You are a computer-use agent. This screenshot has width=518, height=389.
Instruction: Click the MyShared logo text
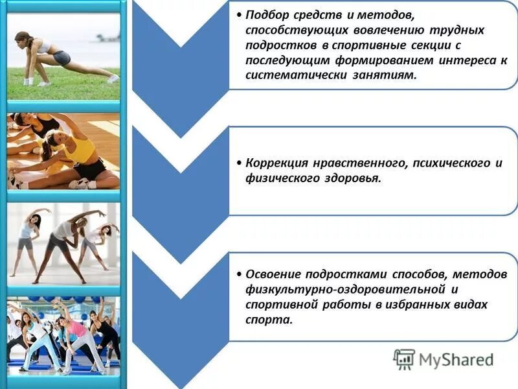tap(456, 359)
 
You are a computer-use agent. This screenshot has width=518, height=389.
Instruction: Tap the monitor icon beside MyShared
tap(404, 359)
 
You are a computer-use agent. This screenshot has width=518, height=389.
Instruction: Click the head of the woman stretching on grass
tap(23, 41)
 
